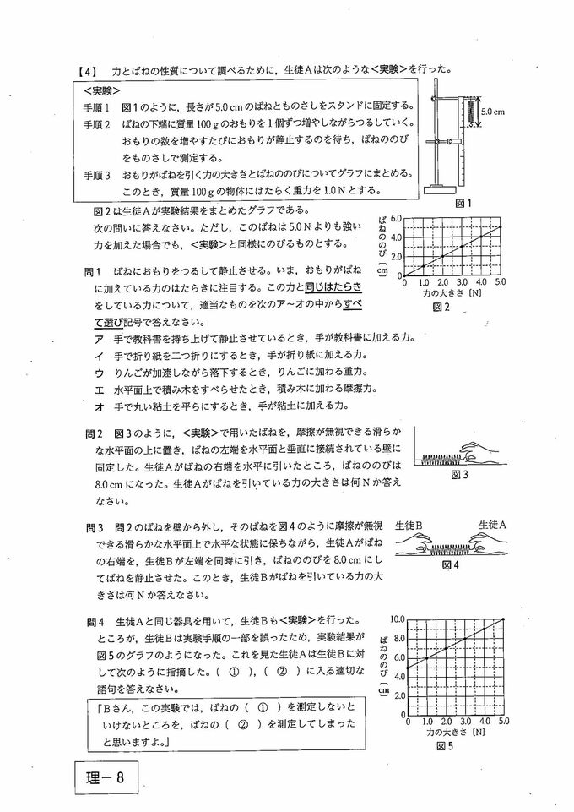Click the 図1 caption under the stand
tap(463, 203)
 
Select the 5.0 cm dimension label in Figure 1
tap(492, 111)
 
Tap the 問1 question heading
tap(93, 272)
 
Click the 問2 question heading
tap(93, 433)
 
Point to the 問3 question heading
tap(93, 527)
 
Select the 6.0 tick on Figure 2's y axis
tap(394, 219)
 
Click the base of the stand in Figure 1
tap(439, 188)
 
